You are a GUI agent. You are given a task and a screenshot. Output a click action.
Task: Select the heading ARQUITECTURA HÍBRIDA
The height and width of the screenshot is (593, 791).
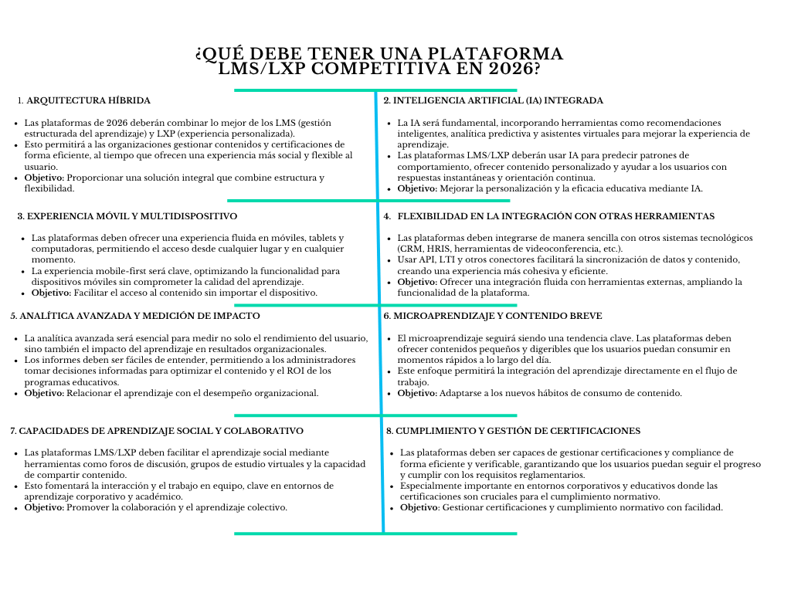88,100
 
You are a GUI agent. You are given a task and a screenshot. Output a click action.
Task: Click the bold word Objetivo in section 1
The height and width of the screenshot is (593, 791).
44,178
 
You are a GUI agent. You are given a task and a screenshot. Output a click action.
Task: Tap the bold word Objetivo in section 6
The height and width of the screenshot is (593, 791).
417,393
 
